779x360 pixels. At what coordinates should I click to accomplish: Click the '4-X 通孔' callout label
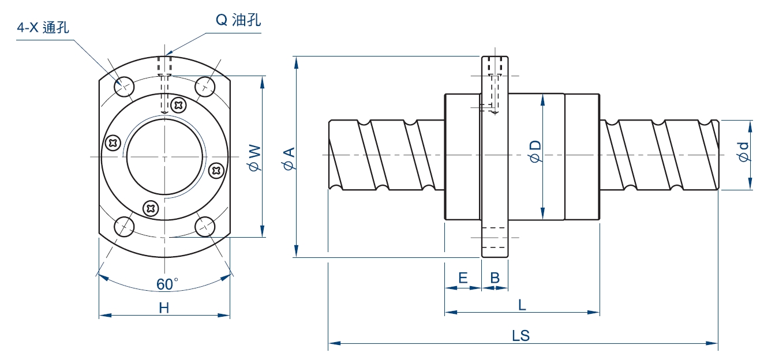click(x=43, y=27)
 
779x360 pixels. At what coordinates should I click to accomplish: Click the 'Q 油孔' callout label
click(x=238, y=20)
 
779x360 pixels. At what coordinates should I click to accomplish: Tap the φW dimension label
click(x=254, y=157)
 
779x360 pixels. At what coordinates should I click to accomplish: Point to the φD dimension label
click(x=535, y=152)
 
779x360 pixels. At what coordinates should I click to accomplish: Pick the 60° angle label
click(x=167, y=284)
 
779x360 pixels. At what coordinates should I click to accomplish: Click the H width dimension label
click(x=164, y=308)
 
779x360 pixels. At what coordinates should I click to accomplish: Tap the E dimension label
click(x=462, y=278)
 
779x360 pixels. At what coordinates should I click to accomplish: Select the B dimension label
click(x=495, y=278)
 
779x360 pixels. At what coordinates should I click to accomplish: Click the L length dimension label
click(x=522, y=305)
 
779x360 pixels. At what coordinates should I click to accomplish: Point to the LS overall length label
click(x=520, y=336)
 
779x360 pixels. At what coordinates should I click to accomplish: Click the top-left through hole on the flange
click(x=123, y=87)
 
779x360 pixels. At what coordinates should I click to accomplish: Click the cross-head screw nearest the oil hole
click(x=179, y=106)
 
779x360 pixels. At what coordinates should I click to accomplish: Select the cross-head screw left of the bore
click(x=113, y=142)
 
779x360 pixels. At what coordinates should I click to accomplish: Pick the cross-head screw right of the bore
click(x=217, y=170)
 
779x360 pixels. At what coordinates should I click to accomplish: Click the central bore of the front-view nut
click(x=165, y=157)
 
